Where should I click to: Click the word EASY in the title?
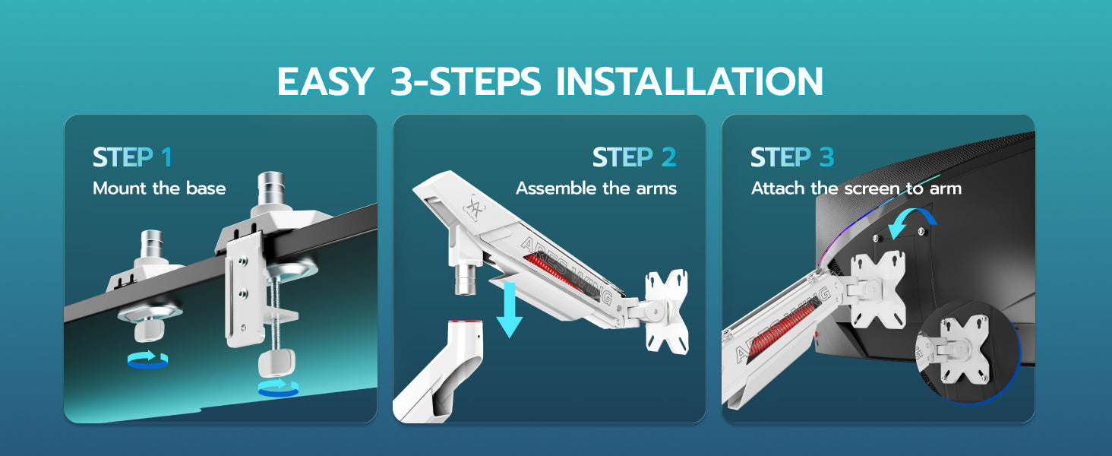tap(325, 81)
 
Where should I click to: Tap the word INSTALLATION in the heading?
tap(690, 81)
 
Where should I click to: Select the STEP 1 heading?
tap(132, 157)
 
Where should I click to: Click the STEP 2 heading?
tap(634, 157)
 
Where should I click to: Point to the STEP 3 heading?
tap(792, 157)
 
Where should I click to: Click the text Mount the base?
tap(160, 188)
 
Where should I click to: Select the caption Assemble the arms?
tap(596, 188)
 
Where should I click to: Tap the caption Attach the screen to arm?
tap(856, 188)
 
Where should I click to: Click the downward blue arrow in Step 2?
tap(510, 309)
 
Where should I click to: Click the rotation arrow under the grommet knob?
tap(147, 359)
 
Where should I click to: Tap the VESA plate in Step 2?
tap(667, 312)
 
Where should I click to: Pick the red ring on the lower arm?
tap(465, 323)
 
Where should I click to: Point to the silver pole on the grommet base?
tap(152, 244)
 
